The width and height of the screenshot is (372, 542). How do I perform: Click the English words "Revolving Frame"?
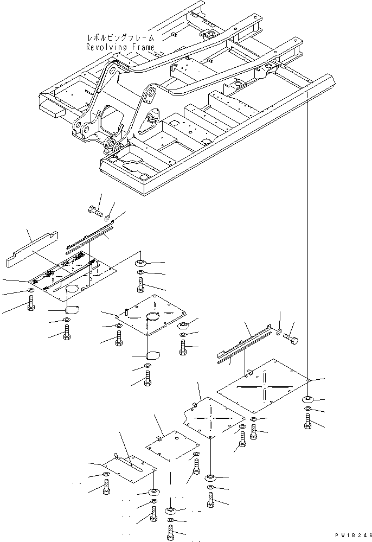(x=120, y=47)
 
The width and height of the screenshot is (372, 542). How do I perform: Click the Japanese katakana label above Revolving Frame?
(x=120, y=38)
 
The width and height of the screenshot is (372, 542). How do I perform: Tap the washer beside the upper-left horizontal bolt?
(x=108, y=218)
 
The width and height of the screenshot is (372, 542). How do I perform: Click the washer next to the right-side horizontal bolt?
(x=278, y=330)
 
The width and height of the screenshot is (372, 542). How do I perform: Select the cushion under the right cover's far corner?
(x=307, y=400)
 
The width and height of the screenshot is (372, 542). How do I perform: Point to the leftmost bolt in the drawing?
(x=30, y=304)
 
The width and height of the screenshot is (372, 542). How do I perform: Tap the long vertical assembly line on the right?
(x=308, y=233)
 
